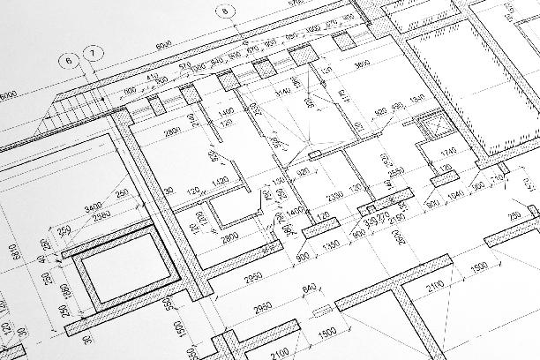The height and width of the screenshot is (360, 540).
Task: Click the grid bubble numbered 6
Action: coord(66,61)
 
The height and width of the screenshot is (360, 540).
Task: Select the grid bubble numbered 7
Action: coord(93,55)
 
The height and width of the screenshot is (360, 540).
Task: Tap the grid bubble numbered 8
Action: coord(225,11)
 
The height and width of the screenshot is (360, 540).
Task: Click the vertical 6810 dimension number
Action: coord(12,257)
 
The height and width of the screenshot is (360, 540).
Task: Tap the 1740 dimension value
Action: coord(449,152)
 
